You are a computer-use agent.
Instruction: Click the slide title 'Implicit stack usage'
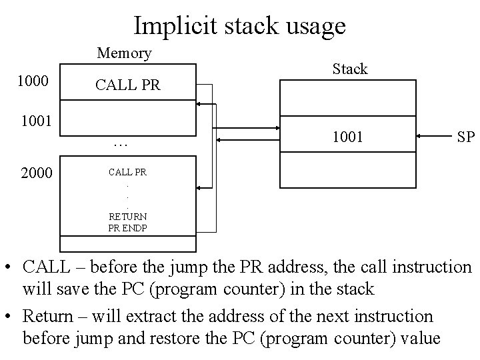(x=239, y=25)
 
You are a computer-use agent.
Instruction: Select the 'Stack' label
(x=350, y=69)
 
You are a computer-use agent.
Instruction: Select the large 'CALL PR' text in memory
(x=128, y=85)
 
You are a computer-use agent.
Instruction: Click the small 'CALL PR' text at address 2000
(x=128, y=173)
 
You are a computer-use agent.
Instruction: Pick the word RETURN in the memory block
(x=128, y=217)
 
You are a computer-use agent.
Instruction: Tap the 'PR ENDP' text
(x=128, y=227)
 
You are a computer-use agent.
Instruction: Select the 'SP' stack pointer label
(x=465, y=137)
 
